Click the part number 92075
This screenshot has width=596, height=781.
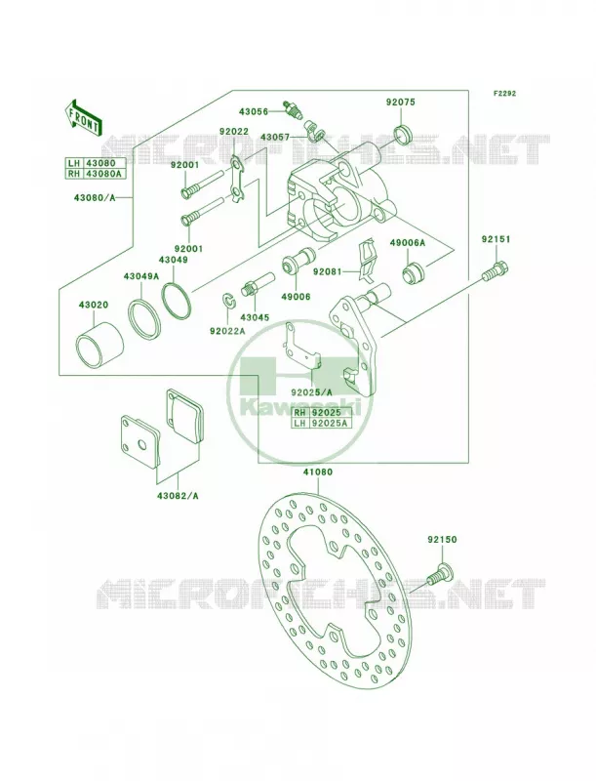point(400,103)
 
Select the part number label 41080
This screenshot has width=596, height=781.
point(318,472)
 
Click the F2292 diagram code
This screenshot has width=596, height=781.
point(504,93)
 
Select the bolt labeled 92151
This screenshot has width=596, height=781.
point(496,269)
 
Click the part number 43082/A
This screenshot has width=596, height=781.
point(178,496)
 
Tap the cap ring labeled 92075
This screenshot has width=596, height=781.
point(403,134)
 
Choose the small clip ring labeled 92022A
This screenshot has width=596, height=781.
point(228,301)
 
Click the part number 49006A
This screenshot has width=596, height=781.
point(408,242)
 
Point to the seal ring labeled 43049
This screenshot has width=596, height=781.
point(177,300)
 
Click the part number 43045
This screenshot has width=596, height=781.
point(255,317)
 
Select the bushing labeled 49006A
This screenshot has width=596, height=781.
point(413,273)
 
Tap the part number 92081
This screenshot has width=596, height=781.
point(327,272)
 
